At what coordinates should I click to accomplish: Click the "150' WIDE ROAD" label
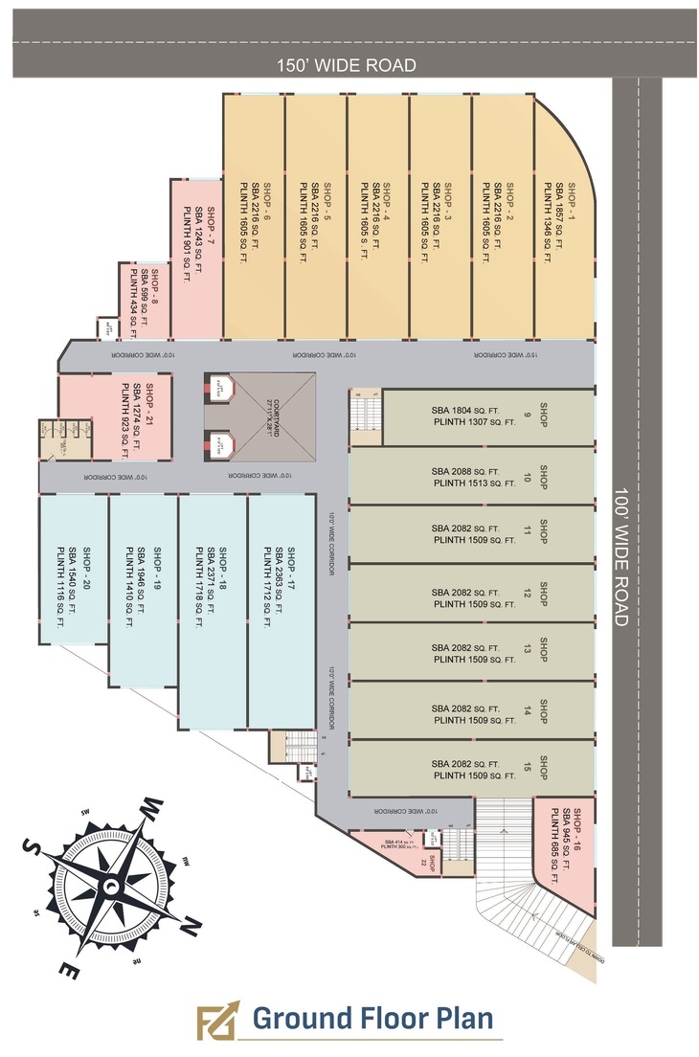click(x=347, y=65)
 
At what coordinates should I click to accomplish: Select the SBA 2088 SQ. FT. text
click(x=466, y=471)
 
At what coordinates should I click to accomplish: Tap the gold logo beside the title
click(x=216, y=1022)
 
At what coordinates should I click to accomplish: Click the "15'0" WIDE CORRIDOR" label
click(x=505, y=355)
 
